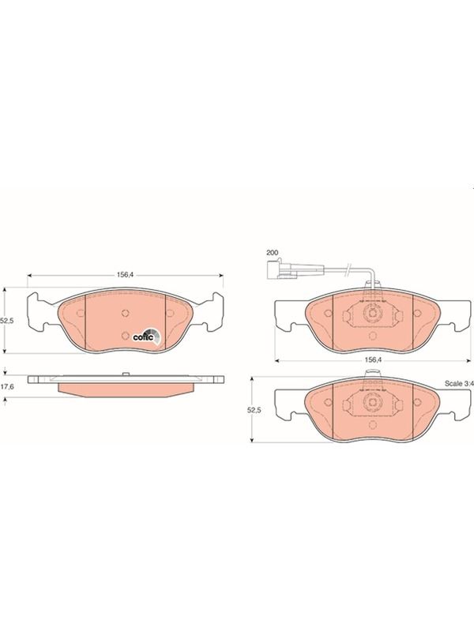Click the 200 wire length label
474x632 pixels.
click(x=272, y=253)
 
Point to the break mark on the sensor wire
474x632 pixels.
click(x=349, y=269)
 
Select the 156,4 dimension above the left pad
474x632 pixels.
click(x=125, y=275)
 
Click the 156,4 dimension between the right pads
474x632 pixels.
click(x=373, y=359)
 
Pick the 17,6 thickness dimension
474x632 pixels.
click(x=7, y=386)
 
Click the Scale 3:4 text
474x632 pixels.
click(x=459, y=383)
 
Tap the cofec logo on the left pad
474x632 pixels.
click(x=146, y=335)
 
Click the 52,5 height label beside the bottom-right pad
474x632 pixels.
click(x=254, y=410)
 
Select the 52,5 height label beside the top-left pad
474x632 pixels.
click(x=7, y=321)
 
